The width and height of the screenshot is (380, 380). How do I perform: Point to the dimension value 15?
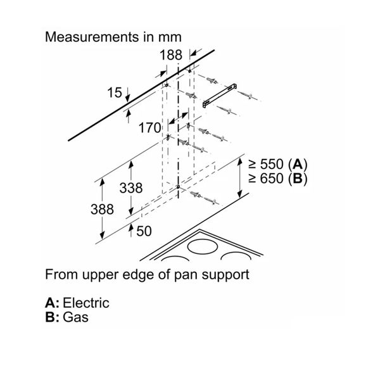coord(115,93)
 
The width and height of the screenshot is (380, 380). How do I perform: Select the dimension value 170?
coord(150,129)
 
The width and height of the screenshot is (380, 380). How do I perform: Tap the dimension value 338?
coord(130,188)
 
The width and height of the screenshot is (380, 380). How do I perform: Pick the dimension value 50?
coord(144,231)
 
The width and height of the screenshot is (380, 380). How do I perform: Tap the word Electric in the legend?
coord(86,303)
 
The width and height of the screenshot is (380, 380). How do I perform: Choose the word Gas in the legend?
coord(75,317)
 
